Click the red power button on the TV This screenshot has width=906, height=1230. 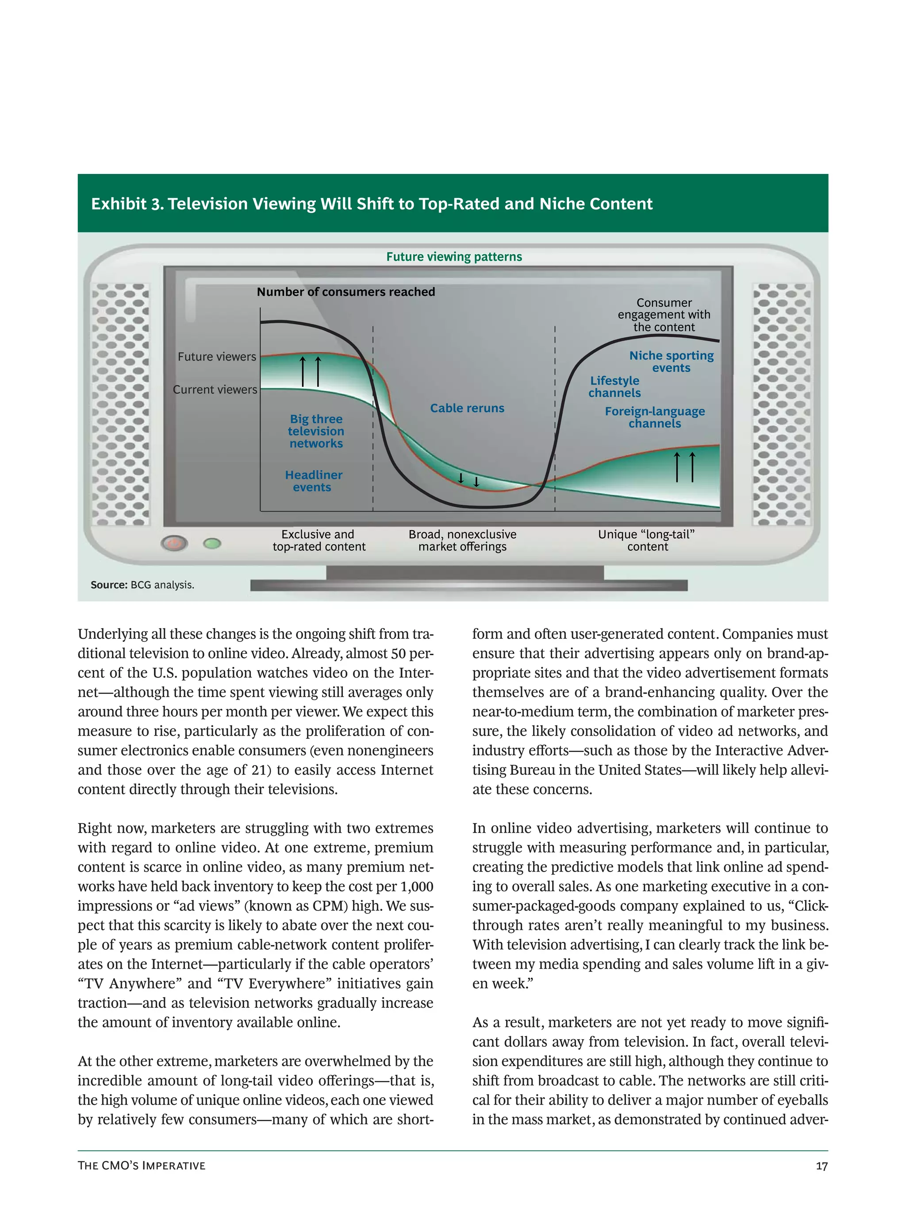point(174,544)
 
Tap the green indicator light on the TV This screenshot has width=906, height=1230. point(212,543)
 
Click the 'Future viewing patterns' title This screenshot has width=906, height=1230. point(453,257)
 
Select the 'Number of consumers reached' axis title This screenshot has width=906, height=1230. point(346,292)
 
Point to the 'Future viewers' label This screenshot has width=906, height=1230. point(217,357)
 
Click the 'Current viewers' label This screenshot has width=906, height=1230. point(215,389)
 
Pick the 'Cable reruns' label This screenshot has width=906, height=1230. point(467,408)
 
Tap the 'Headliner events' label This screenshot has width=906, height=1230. point(313,481)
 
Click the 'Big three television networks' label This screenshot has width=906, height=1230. point(316,431)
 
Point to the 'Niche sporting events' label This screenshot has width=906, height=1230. point(671,362)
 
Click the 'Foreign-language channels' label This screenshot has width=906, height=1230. point(654,417)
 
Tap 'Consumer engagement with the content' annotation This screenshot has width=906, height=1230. point(664,315)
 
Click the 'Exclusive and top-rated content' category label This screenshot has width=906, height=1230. point(319,540)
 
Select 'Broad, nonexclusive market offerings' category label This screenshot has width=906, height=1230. point(462,540)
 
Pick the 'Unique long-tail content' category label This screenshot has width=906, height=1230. point(647,540)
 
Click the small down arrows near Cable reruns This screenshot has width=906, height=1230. point(468,480)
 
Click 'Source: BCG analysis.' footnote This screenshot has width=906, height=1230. point(142,585)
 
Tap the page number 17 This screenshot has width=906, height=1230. point(821,1166)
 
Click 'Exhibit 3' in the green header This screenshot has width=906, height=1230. point(127,204)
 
